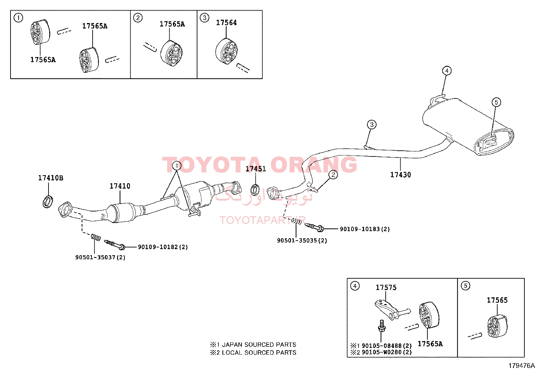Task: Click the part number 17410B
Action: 51,178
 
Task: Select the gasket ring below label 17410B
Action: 48,202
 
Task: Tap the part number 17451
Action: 255,169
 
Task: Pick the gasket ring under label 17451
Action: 255,190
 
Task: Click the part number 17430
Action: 400,175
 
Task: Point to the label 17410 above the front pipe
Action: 120,186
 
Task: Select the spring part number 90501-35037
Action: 95,257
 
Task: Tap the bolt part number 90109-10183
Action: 360,229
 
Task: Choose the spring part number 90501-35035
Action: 297,240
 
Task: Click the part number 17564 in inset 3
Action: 226,23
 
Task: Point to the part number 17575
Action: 386,287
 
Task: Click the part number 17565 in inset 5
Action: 497,300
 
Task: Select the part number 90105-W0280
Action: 382,352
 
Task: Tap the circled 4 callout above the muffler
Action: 447,71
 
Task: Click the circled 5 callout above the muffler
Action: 496,102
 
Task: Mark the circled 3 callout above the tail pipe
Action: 371,125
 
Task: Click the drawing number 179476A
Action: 521,366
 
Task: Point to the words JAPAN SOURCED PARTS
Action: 259,344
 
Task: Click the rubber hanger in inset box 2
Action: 171,54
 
